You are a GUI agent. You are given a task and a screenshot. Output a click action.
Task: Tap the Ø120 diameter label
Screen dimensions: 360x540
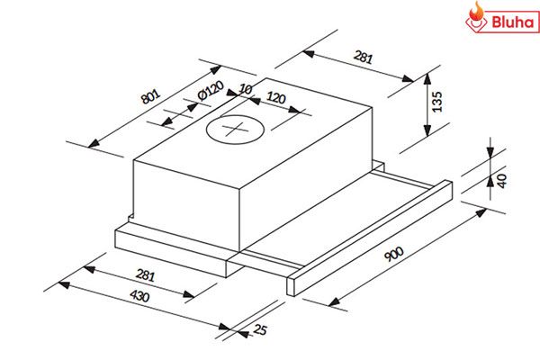209,92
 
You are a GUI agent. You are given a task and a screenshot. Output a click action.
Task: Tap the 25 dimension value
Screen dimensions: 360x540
261,330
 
